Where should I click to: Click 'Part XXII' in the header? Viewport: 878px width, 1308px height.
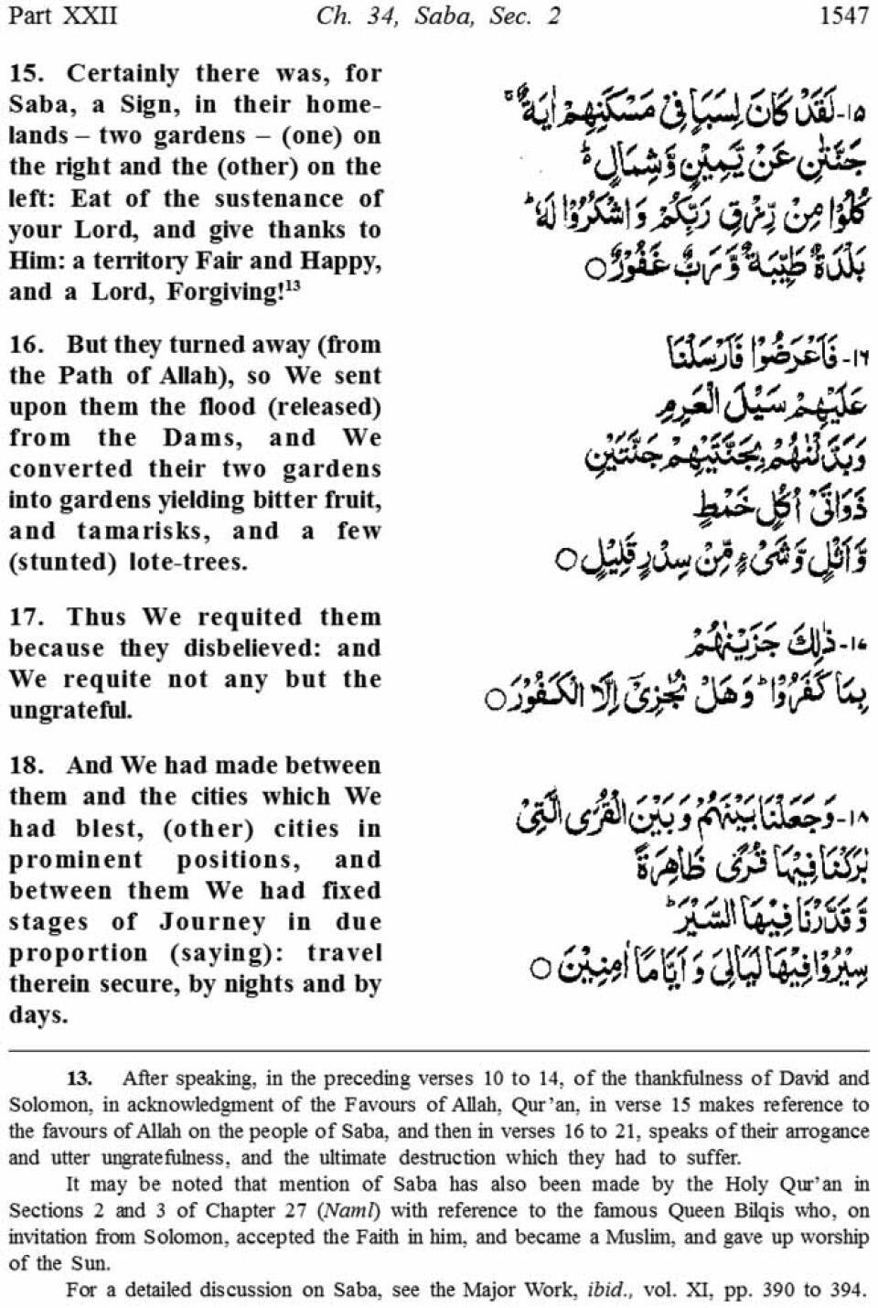point(61,16)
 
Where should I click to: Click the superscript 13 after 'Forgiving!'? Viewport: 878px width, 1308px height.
point(292,286)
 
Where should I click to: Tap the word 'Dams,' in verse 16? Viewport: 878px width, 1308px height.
point(203,438)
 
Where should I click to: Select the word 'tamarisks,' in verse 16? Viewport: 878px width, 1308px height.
point(147,531)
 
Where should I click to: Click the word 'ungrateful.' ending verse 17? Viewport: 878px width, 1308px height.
point(70,711)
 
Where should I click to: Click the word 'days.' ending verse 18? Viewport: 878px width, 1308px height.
point(38,1015)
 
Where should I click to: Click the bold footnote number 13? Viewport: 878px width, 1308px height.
point(80,1078)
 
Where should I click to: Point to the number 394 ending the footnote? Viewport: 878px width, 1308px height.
point(845,1291)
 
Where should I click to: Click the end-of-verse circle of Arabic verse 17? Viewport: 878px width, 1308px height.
point(495,702)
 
